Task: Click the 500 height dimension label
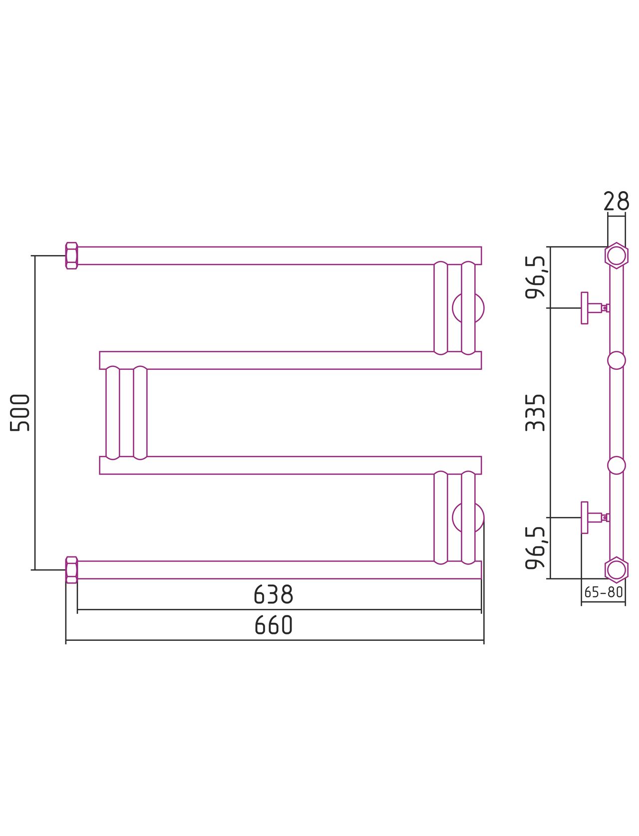(x=19, y=412)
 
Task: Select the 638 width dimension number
(x=273, y=594)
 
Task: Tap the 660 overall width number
(x=273, y=624)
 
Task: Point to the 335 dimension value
(x=535, y=412)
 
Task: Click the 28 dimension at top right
(x=616, y=201)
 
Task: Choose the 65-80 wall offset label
(x=604, y=592)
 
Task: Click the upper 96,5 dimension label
(x=536, y=278)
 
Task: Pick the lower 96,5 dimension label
(x=536, y=548)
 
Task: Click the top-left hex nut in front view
(x=71, y=256)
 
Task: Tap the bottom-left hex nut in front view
(x=71, y=570)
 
